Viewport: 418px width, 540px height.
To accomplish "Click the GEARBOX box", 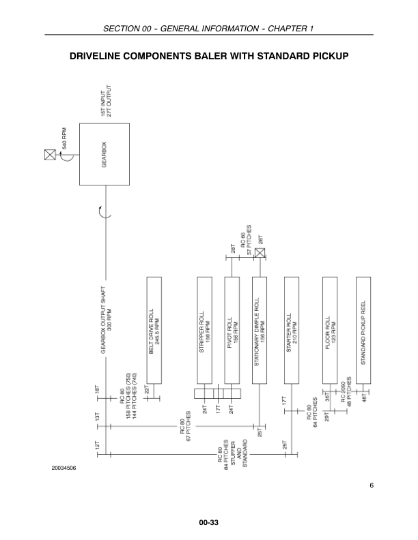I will point(104,155).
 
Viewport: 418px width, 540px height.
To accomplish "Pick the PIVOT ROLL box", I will point(232,330).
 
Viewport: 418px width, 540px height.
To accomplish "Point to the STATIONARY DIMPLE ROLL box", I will point(260,330).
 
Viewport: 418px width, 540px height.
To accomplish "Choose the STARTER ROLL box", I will point(292,330).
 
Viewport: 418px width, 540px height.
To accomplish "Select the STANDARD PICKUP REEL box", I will point(363,330).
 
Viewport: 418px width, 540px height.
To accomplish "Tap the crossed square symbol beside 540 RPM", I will point(49,155).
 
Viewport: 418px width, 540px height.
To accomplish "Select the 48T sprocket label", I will point(365,397).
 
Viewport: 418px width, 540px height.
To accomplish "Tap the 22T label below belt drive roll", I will point(147,389).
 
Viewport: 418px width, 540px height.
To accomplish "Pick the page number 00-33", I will point(208,522).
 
